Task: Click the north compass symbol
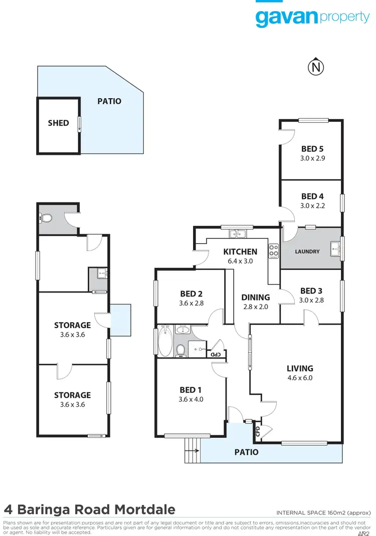click(315, 66)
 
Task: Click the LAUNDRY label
click(307, 251)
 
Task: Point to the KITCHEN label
click(240, 251)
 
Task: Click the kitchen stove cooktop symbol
click(274, 250)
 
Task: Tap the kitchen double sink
click(236, 233)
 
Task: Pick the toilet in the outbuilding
click(46, 218)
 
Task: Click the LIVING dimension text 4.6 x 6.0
click(300, 378)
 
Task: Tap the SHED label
click(58, 123)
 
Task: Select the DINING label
click(256, 297)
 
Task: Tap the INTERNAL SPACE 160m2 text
click(323, 512)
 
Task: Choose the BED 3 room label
click(311, 291)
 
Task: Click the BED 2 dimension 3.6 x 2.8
click(191, 304)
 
